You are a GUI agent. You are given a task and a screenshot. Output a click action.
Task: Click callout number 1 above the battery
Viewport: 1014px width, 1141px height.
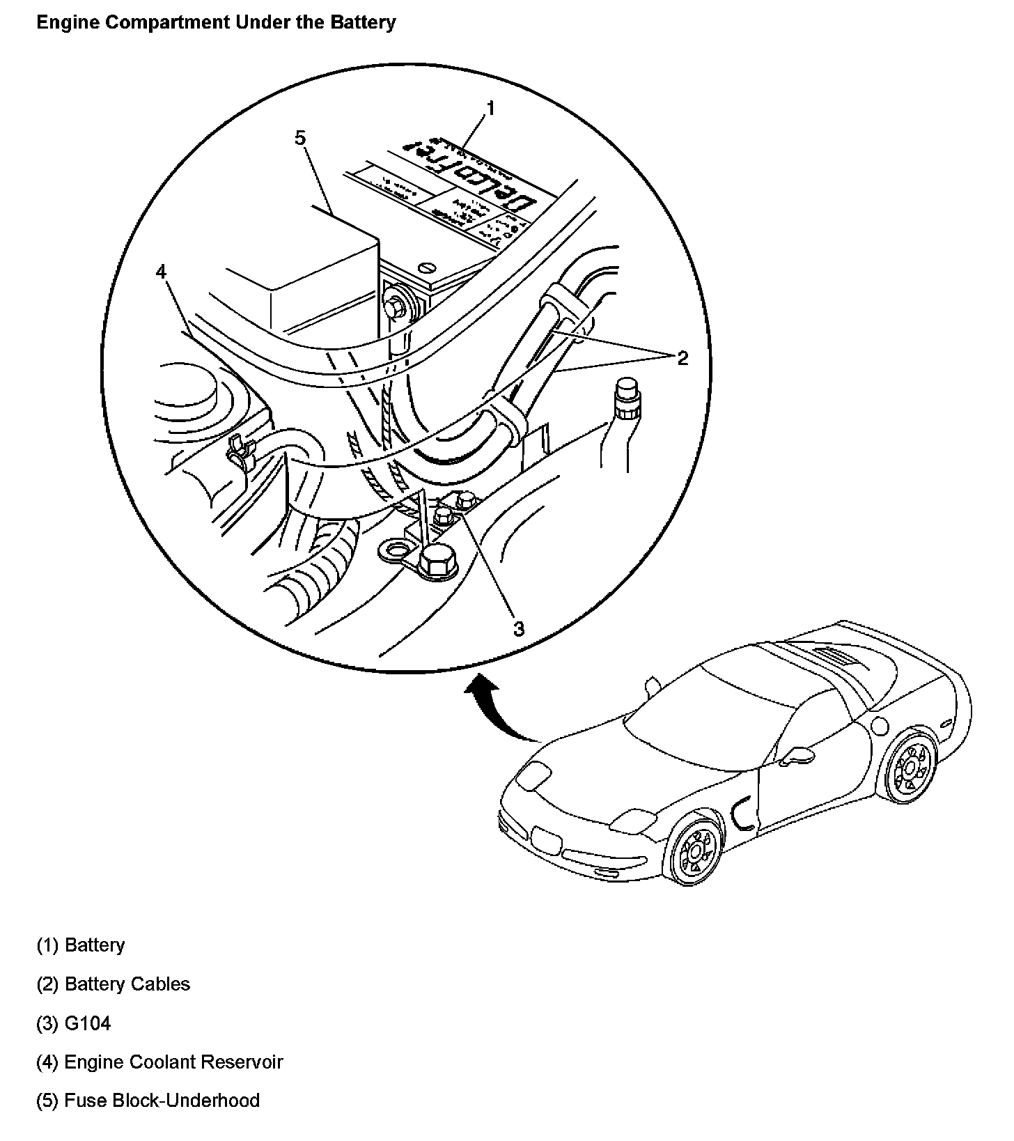(x=490, y=109)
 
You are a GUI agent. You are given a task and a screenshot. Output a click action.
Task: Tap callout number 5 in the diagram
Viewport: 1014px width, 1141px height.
(x=299, y=139)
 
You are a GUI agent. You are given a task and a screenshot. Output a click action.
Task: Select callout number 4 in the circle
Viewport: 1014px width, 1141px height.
(x=162, y=272)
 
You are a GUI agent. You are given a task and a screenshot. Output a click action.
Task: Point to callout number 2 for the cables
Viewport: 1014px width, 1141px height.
(x=682, y=358)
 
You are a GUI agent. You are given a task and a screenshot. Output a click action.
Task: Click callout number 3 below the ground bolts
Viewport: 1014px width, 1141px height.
(x=518, y=628)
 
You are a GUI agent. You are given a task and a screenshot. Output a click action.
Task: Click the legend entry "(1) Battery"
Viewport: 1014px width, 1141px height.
(x=81, y=945)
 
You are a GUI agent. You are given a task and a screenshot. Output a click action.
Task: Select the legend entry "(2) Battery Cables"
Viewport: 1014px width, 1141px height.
(x=113, y=984)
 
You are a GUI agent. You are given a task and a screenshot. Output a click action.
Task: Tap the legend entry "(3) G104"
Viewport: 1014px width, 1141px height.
(x=73, y=1023)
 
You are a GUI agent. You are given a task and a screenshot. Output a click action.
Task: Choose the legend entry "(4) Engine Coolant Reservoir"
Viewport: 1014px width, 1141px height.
(x=159, y=1062)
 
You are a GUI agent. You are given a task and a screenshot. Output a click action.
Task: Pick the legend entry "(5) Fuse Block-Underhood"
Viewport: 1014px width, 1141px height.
(x=148, y=1101)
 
